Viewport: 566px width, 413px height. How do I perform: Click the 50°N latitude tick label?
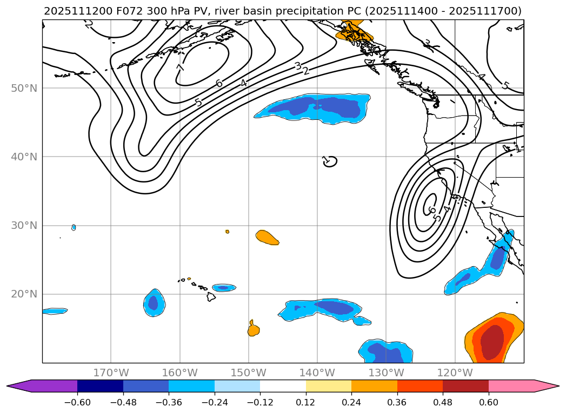click(x=24, y=88)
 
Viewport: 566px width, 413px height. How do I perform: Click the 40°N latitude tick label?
click(x=24, y=157)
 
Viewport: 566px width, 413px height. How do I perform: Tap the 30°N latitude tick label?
click(x=24, y=225)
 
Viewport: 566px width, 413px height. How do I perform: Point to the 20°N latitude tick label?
click(x=24, y=294)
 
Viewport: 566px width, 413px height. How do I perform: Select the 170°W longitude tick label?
click(x=111, y=373)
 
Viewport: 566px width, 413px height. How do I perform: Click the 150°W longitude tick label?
click(x=248, y=373)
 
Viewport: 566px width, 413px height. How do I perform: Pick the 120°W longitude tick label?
click(x=455, y=373)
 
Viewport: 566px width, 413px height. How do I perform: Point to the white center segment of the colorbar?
click(x=283, y=385)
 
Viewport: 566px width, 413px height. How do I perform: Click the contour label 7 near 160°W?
click(x=181, y=68)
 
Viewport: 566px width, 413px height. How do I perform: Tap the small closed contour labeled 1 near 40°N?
click(x=330, y=161)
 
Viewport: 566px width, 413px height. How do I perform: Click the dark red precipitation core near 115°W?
click(x=492, y=341)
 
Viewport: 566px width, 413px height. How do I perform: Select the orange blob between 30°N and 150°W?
click(x=267, y=237)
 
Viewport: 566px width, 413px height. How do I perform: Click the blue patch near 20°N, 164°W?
click(x=154, y=303)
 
